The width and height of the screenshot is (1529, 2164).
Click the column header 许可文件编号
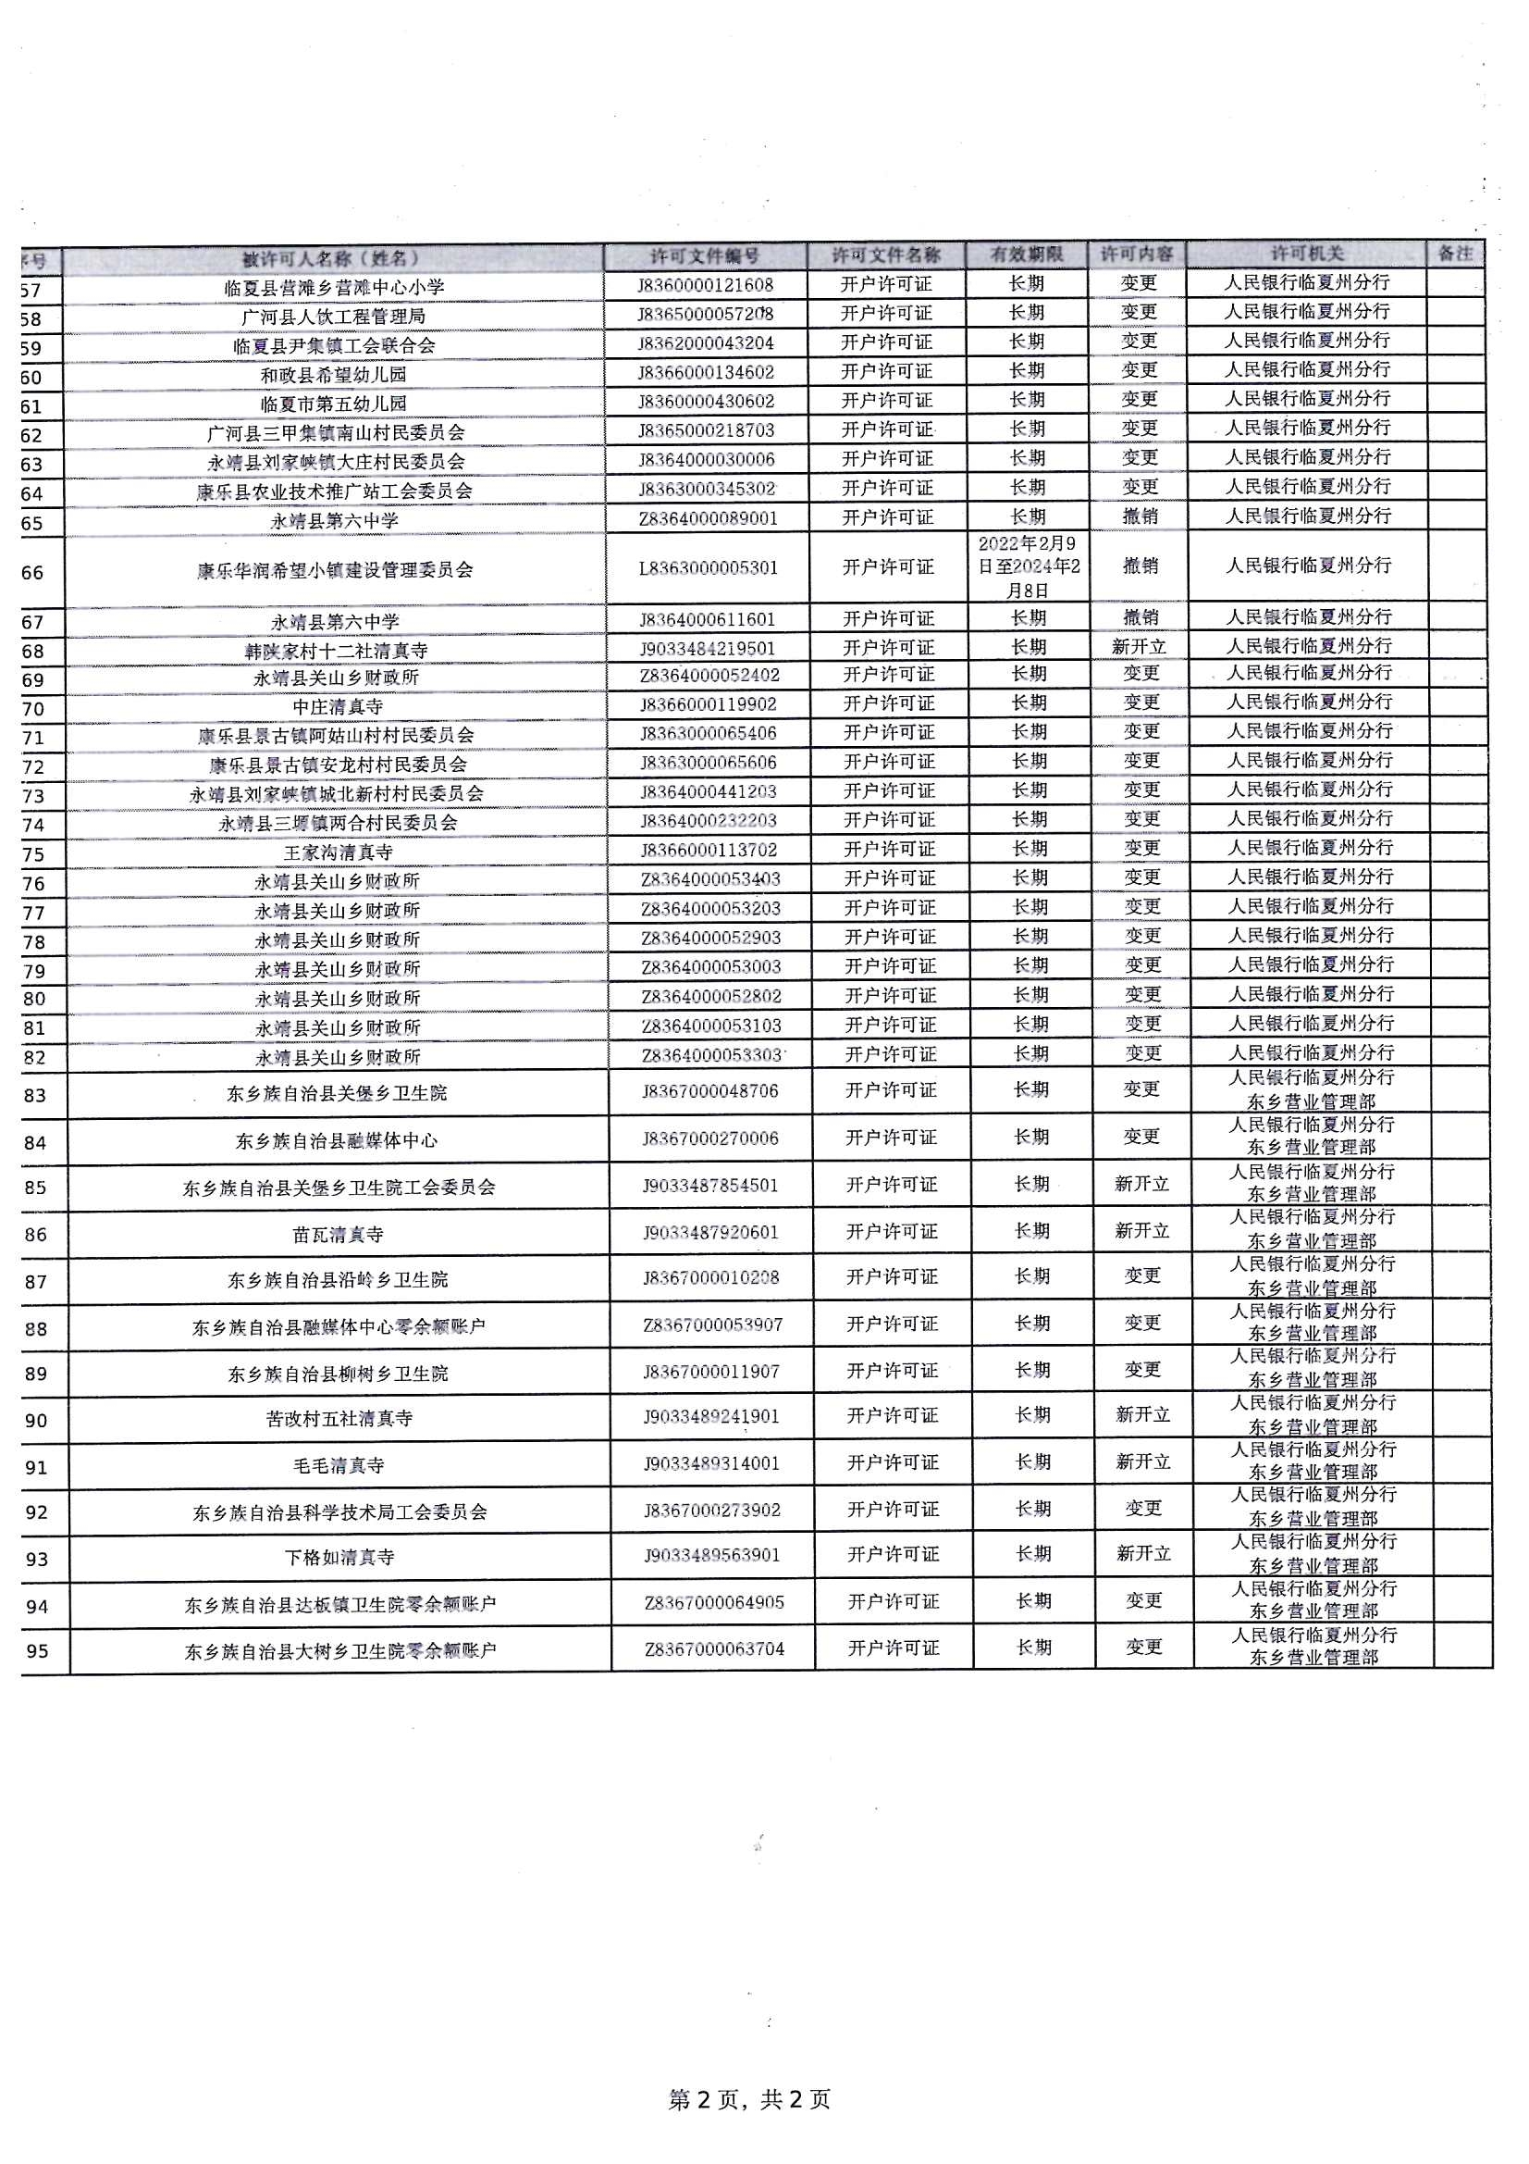pyautogui.click(x=705, y=256)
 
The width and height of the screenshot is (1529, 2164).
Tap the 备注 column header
pyautogui.click(x=1455, y=254)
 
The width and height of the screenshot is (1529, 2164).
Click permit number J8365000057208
pyautogui.click(x=706, y=313)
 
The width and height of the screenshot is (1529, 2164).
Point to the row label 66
pyautogui.click(x=33, y=572)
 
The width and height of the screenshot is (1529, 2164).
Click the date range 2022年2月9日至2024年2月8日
pyautogui.click(x=1028, y=567)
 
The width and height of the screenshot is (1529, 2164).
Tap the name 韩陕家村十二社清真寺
pyautogui.click(x=337, y=651)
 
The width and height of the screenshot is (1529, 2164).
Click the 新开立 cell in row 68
pyautogui.click(x=1139, y=647)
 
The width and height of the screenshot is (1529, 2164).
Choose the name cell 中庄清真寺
pyautogui.click(x=338, y=706)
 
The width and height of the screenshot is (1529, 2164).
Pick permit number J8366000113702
pyautogui.click(x=709, y=850)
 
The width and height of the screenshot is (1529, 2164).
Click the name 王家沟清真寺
pyautogui.click(x=338, y=853)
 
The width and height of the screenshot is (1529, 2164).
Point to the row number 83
pyautogui.click(x=35, y=1095)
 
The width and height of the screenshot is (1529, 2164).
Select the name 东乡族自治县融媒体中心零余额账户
pyautogui.click(x=339, y=1327)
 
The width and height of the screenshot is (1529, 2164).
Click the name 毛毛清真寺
pyautogui.click(x=339, y=1465)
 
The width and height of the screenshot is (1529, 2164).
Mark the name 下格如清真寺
pyautogui.click(x=339, y=1558)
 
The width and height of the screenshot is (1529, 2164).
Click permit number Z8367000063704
pyautogui.click(x=714, y=1649)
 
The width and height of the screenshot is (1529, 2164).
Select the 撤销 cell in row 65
pyautogui.click(x=1140, y=516)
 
